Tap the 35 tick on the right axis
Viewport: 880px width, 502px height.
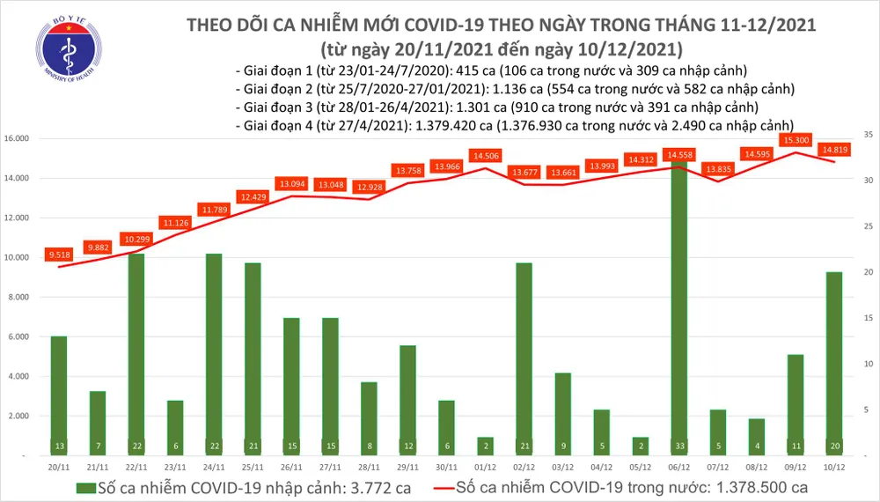(x=868, y=135)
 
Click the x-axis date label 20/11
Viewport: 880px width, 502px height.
(x=58, y=467)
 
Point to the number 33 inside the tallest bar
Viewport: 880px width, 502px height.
(x=678, y=446)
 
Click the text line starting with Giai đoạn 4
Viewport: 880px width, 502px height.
(x=516, y=125)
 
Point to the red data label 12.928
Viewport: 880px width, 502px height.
(x=369, y=188)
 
